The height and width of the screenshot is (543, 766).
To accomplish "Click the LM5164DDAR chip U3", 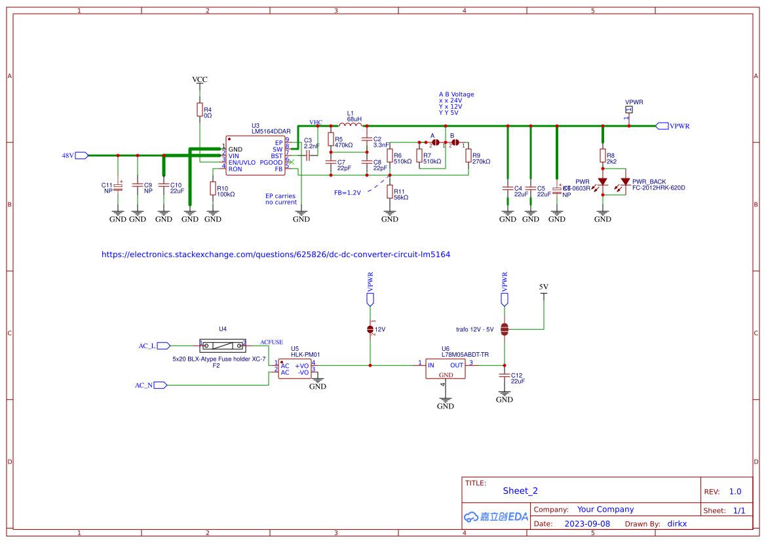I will coord(256,155).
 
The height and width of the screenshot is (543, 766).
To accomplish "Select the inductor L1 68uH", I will coord(351,125).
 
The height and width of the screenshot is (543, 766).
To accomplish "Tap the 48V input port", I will coord(81,155).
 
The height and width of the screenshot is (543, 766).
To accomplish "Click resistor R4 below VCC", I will coord(199,110).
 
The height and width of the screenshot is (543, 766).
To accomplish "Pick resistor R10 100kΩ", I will coord(212,189).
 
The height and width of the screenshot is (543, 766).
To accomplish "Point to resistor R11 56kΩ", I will coord(390,192).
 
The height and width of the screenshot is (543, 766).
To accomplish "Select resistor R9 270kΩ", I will coord(469,156).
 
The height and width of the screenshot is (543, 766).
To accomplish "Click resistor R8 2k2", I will coord(602,155).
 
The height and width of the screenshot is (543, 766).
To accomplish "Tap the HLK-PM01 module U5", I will coord(294,369).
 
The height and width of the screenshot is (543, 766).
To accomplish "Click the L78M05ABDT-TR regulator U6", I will coord(446,369).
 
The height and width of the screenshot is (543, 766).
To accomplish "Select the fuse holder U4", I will coord(223,344).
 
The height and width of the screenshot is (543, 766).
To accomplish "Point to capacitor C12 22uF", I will coord(504,375).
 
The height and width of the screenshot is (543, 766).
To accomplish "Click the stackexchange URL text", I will coord(275,254).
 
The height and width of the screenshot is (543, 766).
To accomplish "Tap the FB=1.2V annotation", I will coord(347,193).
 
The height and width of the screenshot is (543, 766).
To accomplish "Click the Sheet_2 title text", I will coord(520,491).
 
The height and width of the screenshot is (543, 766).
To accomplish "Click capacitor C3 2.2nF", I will coord(307,152).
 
